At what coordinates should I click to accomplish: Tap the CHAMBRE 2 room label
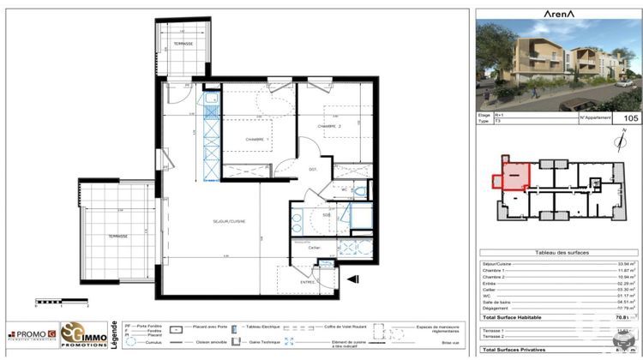click(329, 127)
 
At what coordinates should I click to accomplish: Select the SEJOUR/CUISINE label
click(229, 221)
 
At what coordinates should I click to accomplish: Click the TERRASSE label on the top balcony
click(181, 44)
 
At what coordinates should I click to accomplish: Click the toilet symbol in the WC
click(360, 191)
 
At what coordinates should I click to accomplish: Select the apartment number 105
click(630, 118)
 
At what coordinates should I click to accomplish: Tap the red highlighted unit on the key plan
click(511, 176)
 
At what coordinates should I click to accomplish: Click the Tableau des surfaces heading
click(557, 252)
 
